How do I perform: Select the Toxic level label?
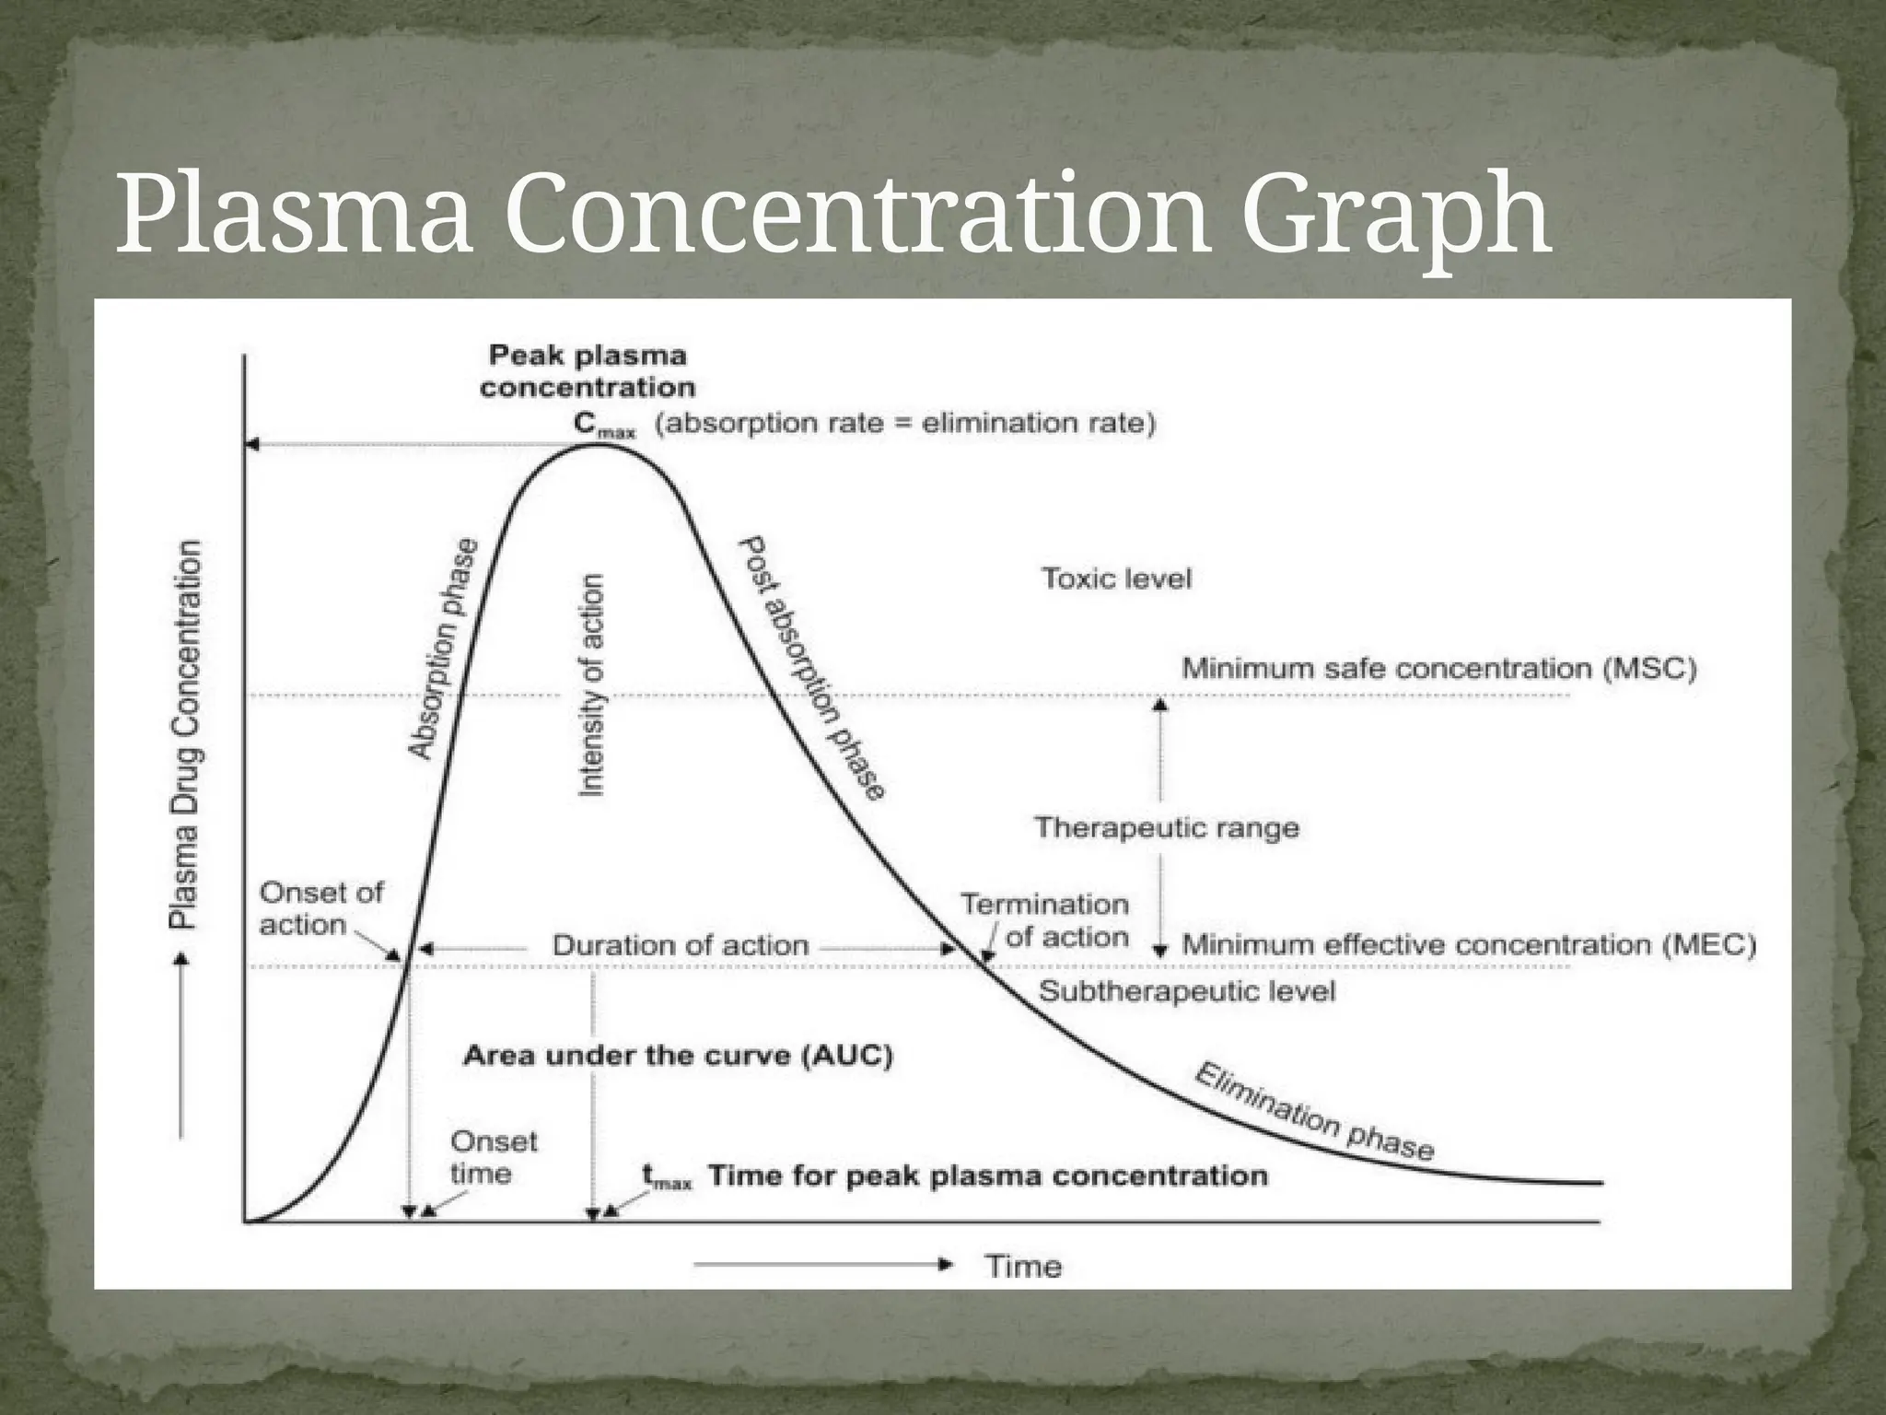coord(1116,579)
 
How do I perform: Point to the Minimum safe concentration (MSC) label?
coord(1438,668)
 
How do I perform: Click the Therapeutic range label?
coord(1166,827)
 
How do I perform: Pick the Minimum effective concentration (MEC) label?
coord(1468,944)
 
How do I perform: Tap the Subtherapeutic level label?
coord(1186,991)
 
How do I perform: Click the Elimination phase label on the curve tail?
coord(1313,1112)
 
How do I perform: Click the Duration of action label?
coord(680,945)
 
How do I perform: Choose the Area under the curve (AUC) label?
coord(678,1056)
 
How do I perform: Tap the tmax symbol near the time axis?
coord(666,1177)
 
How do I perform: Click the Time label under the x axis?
coord(1023,1266)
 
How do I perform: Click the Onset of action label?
coord(320,908)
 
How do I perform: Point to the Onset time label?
coord(493,1157)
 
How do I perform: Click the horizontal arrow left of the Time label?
coord(821,1265)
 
